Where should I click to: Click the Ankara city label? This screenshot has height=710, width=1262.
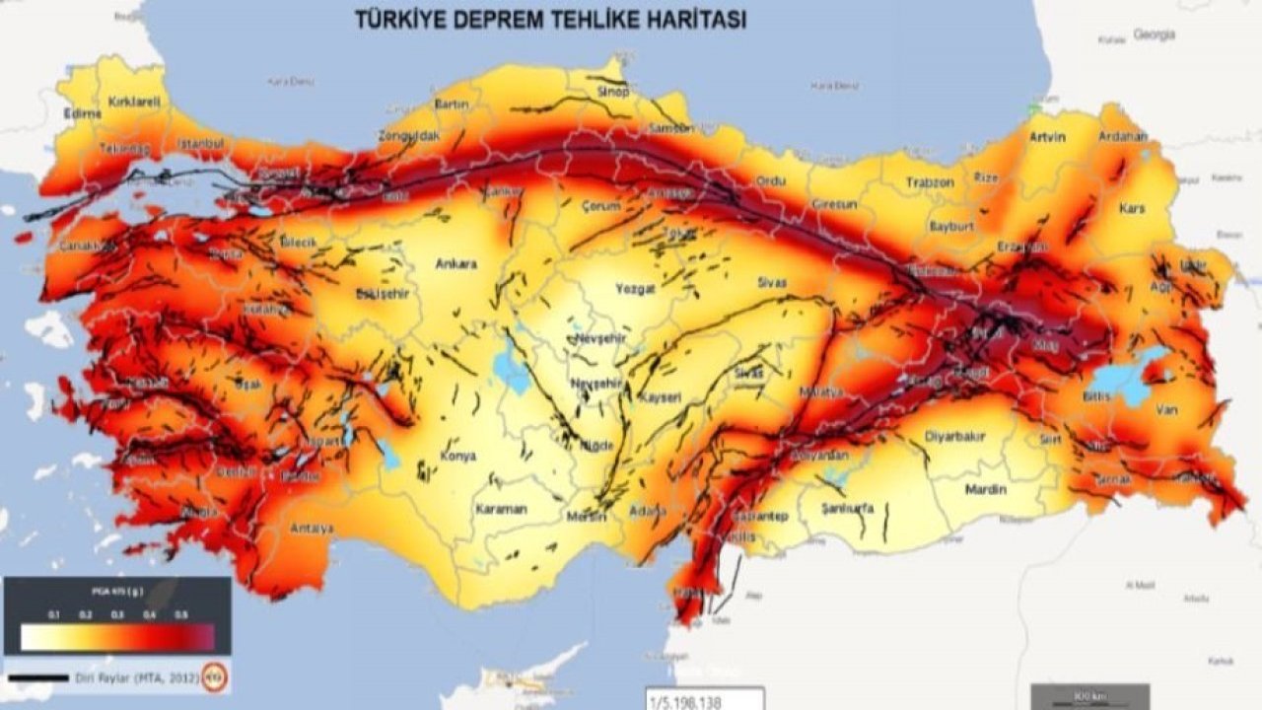point(456,264)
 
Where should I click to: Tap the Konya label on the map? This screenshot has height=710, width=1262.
point(457,457)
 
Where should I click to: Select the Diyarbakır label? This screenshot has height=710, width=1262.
point(954,436)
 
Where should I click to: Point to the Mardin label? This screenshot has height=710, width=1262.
point(985,489)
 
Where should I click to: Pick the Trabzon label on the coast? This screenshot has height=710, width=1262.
point(931,182)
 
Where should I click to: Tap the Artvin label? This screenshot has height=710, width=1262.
point(1047,137)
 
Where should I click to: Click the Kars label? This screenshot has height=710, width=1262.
point(1131,208)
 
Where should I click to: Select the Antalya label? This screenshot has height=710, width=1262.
point(312,529)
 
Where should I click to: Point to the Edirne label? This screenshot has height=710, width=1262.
point(83,113)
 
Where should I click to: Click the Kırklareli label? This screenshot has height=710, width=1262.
point(133,102)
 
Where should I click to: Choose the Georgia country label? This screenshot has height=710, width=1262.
point(1154,35)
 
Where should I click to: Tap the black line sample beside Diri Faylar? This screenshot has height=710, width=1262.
point(38,678)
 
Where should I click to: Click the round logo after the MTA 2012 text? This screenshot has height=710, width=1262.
point(214,677)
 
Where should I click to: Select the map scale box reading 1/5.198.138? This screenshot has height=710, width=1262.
point(704,700)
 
